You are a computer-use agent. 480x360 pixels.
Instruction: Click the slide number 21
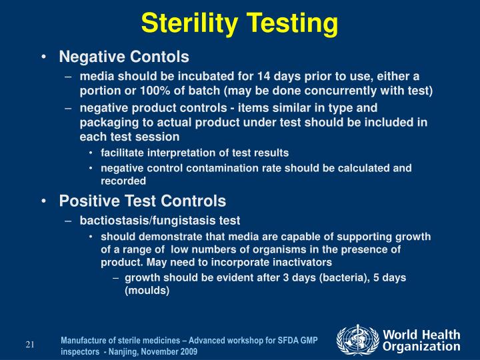(30, 345)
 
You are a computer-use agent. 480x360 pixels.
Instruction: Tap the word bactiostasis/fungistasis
(160, 220)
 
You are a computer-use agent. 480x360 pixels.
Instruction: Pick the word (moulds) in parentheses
(147, 291)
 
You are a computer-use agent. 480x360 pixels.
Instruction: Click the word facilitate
(123, 153)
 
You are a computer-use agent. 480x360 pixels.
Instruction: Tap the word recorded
(123, 181)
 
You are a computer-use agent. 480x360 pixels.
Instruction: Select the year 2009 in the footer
(187, 351)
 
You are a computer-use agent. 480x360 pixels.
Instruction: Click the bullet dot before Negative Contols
(43, 57)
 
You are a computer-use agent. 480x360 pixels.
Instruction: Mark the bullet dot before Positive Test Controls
(43, 201)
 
